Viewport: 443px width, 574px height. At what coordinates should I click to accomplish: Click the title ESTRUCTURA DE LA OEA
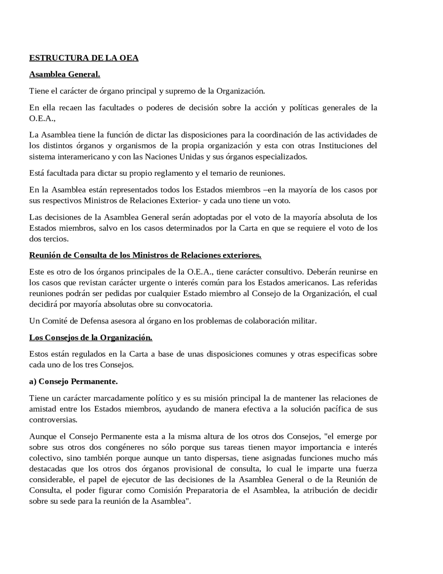tap(84, 58)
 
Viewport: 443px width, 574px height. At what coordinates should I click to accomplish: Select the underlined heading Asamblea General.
tap(65, 74)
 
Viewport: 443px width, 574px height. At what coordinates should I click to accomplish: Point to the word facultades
tap(117, 108)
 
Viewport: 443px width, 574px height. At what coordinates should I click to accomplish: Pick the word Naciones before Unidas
tap(161, 157)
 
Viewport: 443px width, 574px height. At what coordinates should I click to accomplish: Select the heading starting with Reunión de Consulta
tap(145, 255)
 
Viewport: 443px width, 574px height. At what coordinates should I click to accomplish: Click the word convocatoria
tap(189, 305)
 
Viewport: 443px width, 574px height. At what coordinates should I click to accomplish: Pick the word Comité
tap(55, 321)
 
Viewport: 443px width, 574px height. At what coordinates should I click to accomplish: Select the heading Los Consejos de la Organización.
tap(91, 338)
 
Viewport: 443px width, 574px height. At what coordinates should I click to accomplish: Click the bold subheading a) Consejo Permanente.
tap(73, 382)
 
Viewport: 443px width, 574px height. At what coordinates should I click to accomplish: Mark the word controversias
tap(53, 420)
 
